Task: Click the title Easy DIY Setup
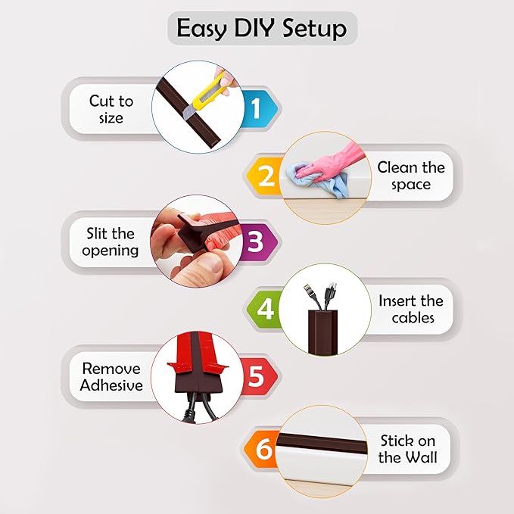click(261, 28)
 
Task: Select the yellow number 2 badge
click(266, 176)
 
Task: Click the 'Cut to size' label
click(111, 109)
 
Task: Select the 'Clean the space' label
click(410, 176)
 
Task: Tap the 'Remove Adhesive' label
click(112, 376)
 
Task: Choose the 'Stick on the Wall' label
click(408, 450)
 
